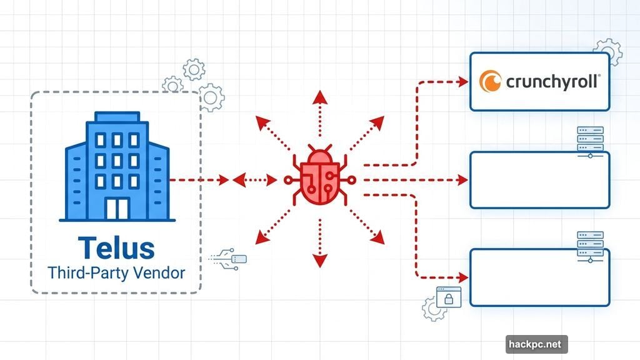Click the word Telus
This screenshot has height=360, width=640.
(x=116, y=248)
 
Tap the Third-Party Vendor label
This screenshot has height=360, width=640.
(x=116, y=273)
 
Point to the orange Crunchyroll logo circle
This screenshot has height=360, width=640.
(x=490, y=81)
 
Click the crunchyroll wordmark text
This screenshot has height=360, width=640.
(x=552, y=81)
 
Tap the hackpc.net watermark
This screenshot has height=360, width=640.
(x=536, y=344)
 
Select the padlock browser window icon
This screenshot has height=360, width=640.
(x=447, y=297)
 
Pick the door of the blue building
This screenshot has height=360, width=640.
(x=116, y=209)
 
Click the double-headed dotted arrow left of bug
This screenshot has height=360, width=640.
(x=254, y=181)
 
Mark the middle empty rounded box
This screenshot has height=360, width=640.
(x=539, y=180)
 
